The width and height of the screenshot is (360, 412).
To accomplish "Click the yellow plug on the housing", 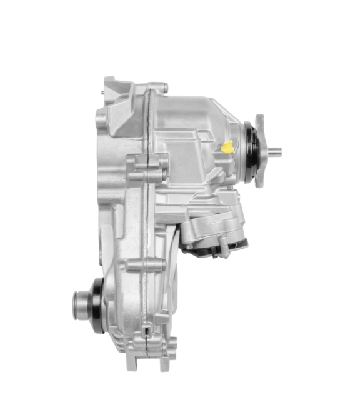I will click(227, 148).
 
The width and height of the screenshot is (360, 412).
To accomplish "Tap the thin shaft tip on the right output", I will click(276, 151).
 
